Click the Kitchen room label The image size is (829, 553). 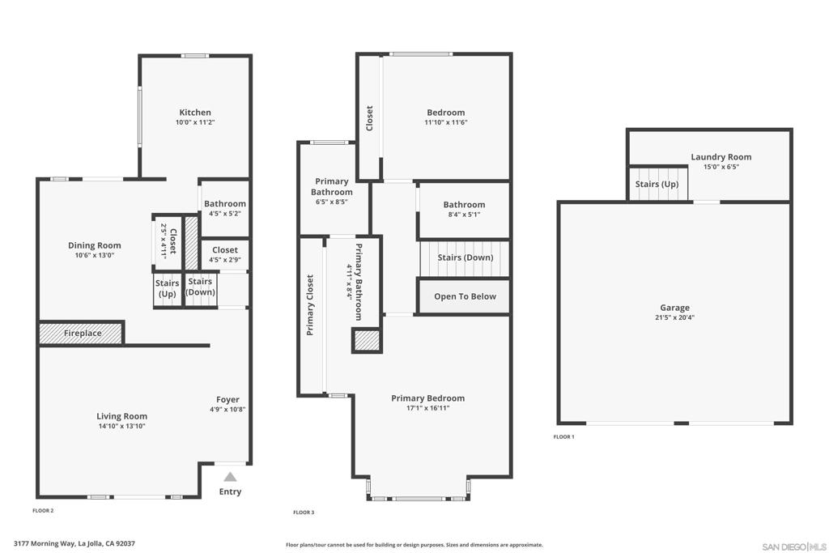point(195,112)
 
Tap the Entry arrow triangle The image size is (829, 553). point(230,478)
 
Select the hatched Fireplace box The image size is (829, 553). point(81,333)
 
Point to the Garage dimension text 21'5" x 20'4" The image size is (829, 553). point(674,317)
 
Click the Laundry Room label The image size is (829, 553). point(721,157)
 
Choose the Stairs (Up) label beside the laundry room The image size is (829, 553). point(657,184)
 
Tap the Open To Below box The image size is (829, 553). point(464,296)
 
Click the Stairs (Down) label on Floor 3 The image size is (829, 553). point(466,257)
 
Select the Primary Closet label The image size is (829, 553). point(310,305)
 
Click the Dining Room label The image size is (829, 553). point(94,245)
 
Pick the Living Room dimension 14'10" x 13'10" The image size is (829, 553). point(121,426)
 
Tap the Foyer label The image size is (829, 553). point(227,400)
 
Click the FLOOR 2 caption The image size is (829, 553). point(43,511)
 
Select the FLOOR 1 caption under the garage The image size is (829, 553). point(563,436)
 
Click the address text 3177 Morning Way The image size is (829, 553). point(44,543)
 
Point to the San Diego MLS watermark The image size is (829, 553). point(794,547)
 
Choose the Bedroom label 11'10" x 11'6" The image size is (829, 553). point(446,122)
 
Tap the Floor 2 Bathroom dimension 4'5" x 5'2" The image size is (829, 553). point(225,214)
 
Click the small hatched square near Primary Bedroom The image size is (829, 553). point(367,341)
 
